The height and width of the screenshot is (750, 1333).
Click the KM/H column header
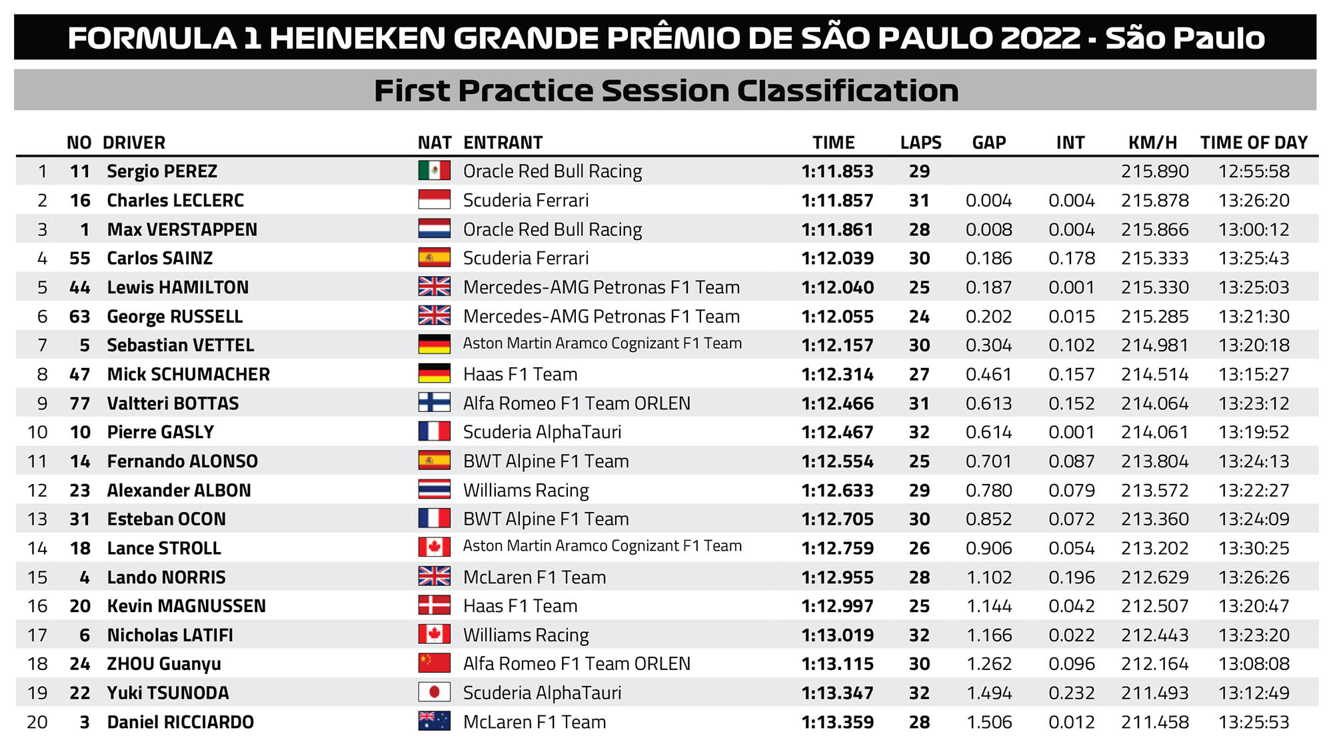pyautogui.click(x=1152, y=143)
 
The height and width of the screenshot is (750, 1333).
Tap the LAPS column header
pyautogui.click(x=920, y=143)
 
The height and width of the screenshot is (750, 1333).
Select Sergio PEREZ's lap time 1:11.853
pyautogui.click(x=837, y=171)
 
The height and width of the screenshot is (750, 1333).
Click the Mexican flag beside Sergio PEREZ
pyautogui.click(x=434, y=171)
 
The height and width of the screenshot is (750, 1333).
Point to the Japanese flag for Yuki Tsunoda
pyautogui.click(x=434, y=693)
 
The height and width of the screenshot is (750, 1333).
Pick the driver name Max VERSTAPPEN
pyautogui.click(x=182, y=229)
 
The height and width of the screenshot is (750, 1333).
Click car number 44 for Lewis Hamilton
pyautogui.click(x=79, y=287)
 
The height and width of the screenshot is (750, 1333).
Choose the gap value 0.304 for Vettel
pyautogui.click(x=988, y=345)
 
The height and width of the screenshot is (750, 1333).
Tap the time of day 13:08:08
pyautogui.click(x=1254, y=664)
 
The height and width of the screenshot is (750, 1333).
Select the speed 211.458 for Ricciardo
pyautogui.click(x=1154, y=722)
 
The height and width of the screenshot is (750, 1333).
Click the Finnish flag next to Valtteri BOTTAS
pyautogui.click(x=434, y=403)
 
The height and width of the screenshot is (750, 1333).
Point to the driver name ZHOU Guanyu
pyautogui.click(x=164, y=664)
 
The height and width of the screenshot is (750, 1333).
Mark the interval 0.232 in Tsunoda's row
pyautogui.click(x=1071, y=693)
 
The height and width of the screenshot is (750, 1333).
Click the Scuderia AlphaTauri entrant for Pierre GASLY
pyautogui.click(x=542, y=432)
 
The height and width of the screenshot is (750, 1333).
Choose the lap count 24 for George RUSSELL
pyautogui.click(x=919, y=317)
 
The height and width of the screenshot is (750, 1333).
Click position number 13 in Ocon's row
pyautogui.click(x=37, y=519)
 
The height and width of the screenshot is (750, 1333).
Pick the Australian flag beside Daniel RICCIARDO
pyautogui.click(x=434, y=721)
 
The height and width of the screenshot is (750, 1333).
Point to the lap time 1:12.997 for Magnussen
pyautogui.click(x=837, y=606)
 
